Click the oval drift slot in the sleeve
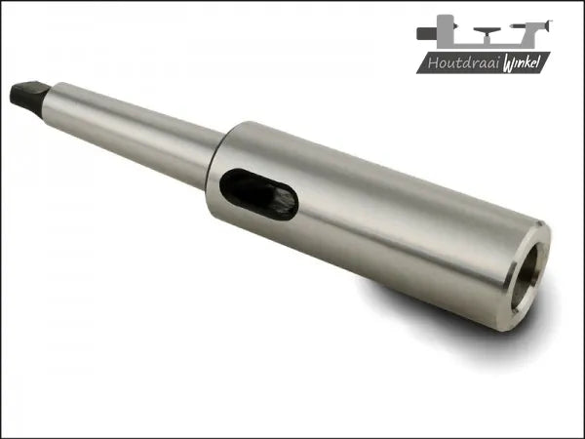tap(258, 194)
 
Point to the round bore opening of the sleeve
tap(526, 276)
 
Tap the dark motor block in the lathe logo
tap(426, 33)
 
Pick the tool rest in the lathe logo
tap(487, 35)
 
